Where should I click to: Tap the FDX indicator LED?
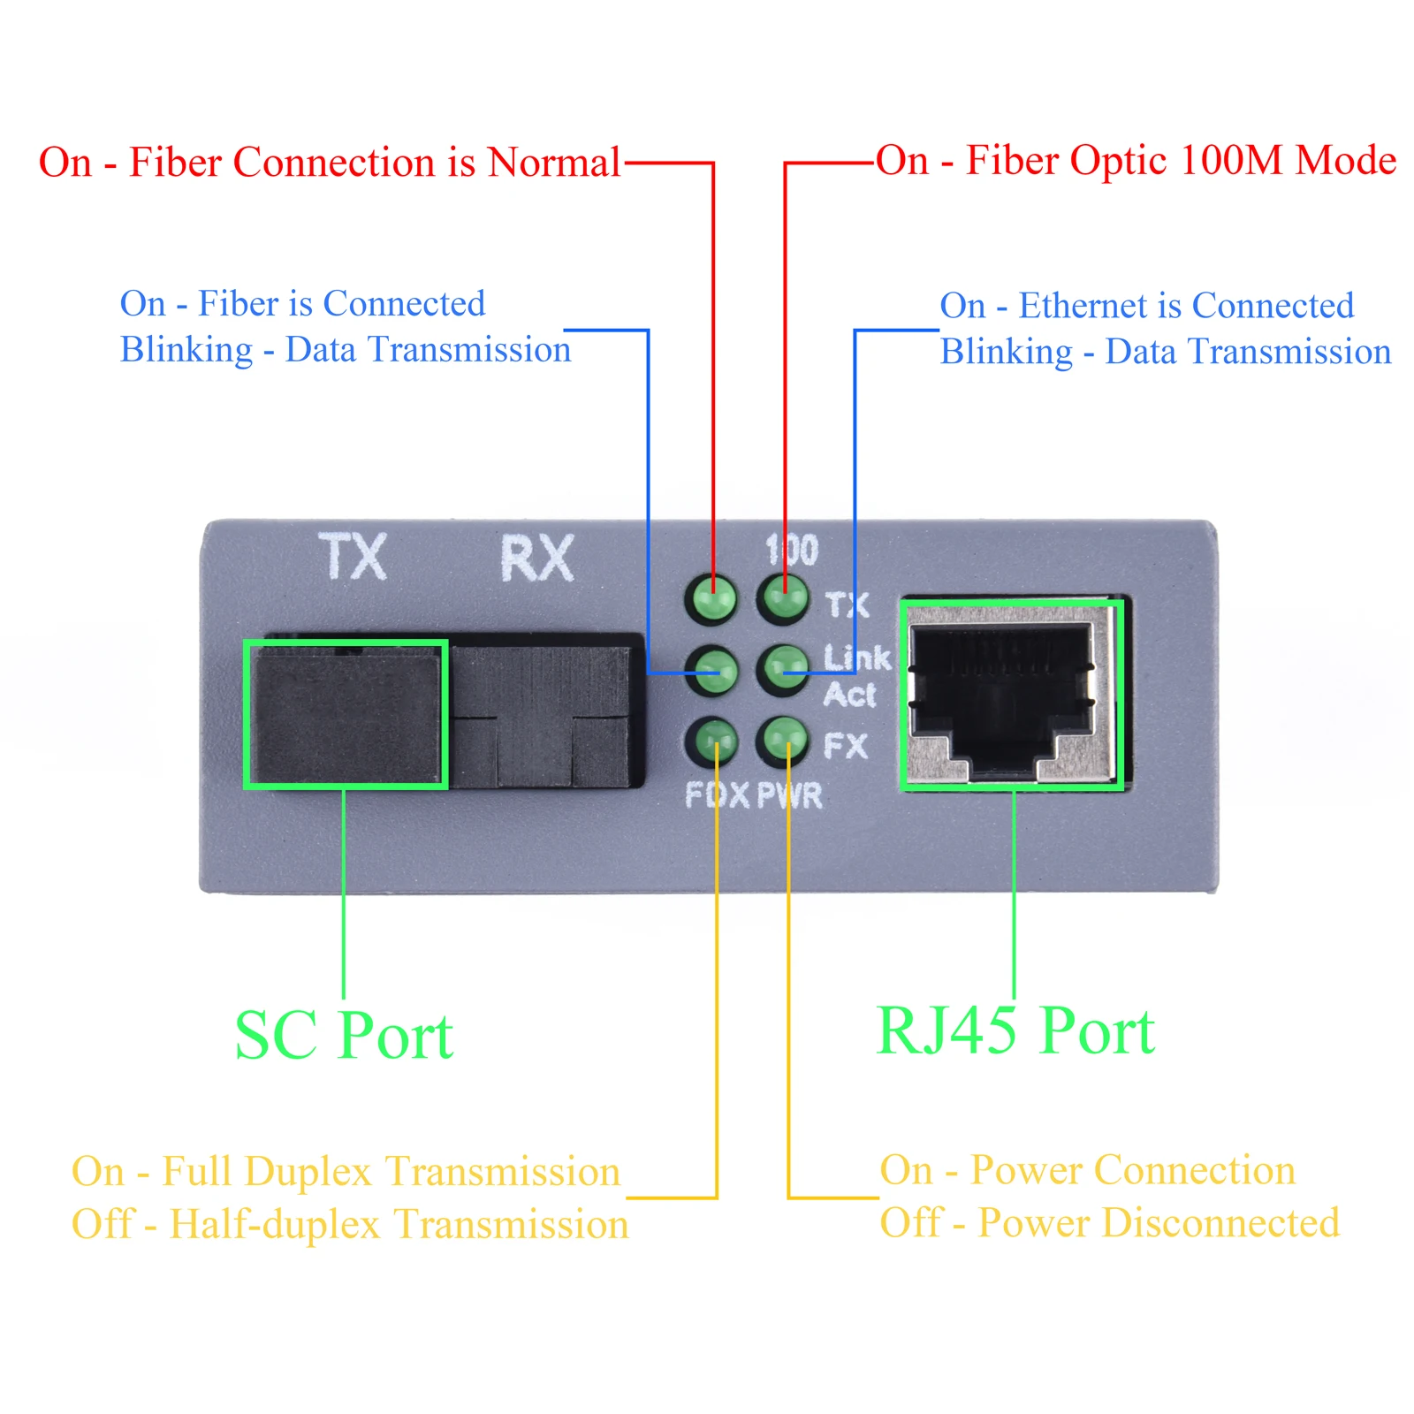[x=712, y=741]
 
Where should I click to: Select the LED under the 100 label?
[x=783, y=597]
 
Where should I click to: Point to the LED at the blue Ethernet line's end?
[x=783, y=669]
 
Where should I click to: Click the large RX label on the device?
[x=537, y=559]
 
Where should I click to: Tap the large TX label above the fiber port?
[x=353, y=557]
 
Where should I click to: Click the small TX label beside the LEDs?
[x=848, y=605]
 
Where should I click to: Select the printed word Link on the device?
[x=856, y=658]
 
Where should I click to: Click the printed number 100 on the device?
[x=792, y=550]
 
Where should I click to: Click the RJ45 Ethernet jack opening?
[x=1004, y=698]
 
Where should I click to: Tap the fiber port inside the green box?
[x=346, y=714]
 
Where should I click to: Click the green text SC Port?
[x=344, y=1036]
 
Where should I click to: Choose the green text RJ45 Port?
[x=1015, y=1031]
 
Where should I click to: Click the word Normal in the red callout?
[x=554, y=163]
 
